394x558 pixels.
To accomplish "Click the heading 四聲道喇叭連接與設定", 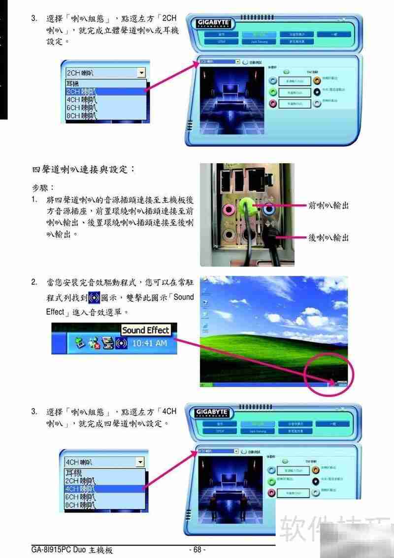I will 83,170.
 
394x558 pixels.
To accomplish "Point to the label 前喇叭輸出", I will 328,205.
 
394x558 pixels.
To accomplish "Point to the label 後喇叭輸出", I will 328,237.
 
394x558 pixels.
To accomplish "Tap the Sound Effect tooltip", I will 145,330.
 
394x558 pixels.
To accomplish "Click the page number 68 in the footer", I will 197,549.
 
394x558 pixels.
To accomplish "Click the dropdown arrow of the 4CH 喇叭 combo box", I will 140,462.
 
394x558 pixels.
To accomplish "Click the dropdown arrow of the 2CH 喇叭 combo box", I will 142,73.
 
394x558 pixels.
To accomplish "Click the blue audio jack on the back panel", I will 269,208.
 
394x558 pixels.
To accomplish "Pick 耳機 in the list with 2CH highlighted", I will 72,84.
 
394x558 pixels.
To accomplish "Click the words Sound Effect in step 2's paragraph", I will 183,297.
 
